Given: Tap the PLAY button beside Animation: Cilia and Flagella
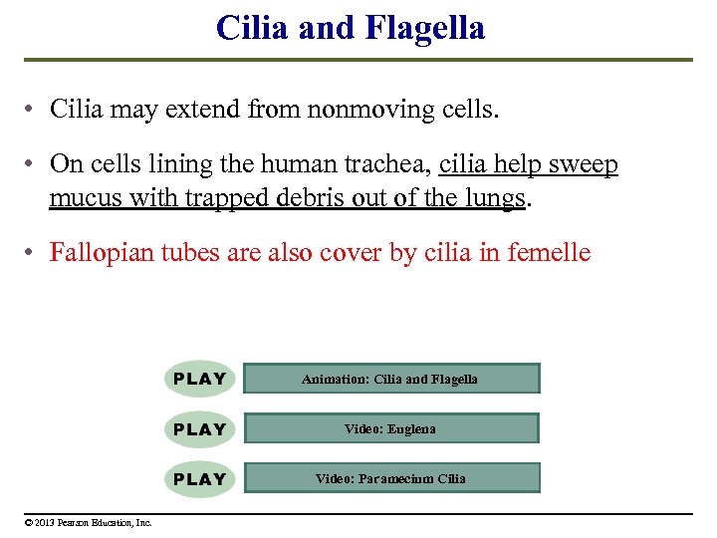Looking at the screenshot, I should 199,379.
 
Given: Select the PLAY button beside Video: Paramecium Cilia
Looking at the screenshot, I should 199,478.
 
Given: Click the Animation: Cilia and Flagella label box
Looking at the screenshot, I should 390,379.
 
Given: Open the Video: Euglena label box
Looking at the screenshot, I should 390,428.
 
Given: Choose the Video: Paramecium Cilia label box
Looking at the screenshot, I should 390,478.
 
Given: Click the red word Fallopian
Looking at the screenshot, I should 95,253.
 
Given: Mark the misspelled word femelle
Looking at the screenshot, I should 549,253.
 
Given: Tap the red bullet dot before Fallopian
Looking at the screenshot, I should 32,253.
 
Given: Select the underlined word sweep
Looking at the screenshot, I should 585,164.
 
